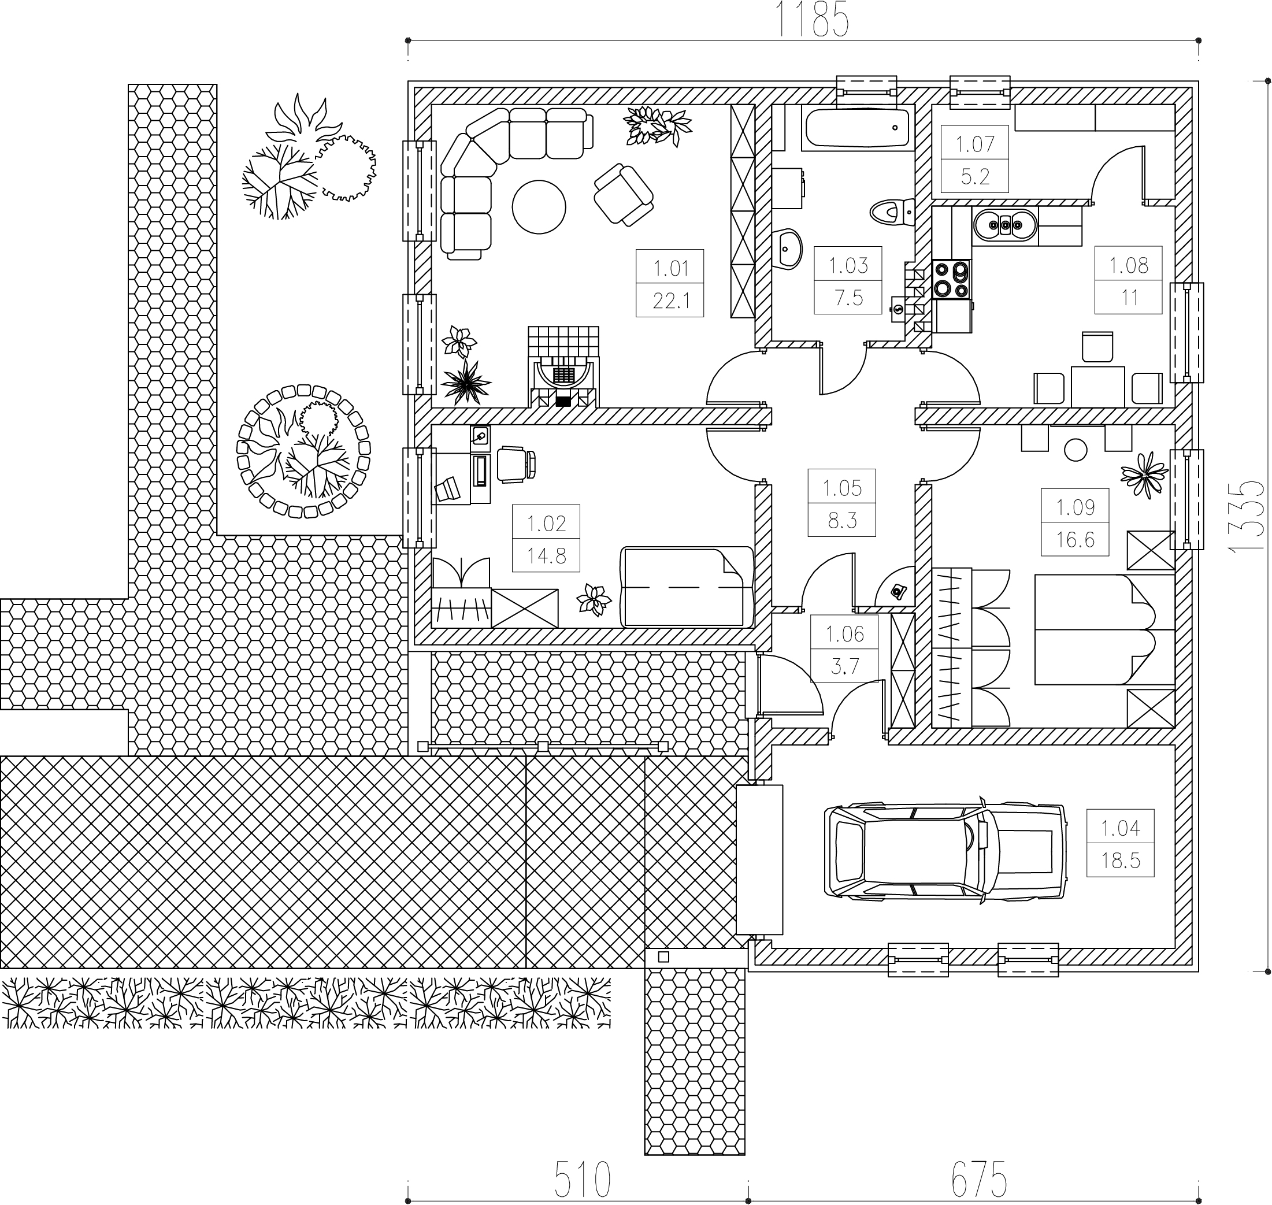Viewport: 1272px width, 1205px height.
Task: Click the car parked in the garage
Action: click(945, 852)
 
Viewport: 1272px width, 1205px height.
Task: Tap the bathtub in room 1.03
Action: click(858, 128)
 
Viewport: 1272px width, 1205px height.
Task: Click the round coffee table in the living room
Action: click(539, 207)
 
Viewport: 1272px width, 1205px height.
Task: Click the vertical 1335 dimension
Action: click(1248, 515)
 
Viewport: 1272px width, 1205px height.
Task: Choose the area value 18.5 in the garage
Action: click(1121, 860)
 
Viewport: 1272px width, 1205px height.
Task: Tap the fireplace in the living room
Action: click(563, 366)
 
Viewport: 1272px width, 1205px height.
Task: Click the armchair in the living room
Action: click(623, 194)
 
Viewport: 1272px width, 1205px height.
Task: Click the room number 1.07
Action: click(974, 144)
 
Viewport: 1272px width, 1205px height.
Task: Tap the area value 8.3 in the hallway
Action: click(842, 520)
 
